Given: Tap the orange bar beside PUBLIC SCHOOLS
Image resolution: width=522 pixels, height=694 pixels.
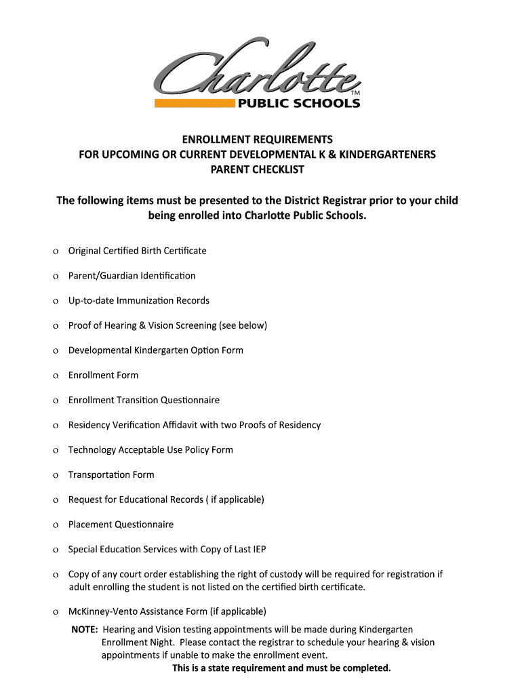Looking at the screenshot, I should coord(195,104).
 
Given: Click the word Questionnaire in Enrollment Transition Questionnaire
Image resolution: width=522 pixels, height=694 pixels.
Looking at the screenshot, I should coord(190,400).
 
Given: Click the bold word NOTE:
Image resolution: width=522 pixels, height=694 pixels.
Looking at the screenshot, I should coord(85,630).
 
